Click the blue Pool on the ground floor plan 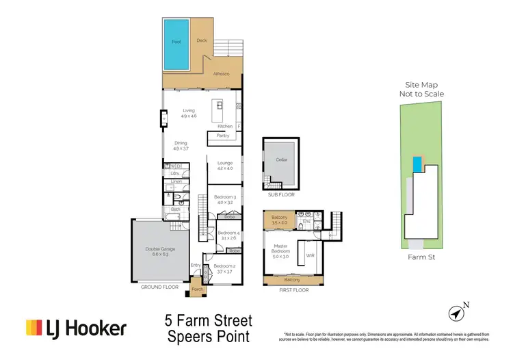(x=176, y=43)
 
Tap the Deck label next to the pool (x=202, y=40)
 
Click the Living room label (x=189, y=110)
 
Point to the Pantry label (x=223, y=135)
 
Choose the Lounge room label (x=225, y=163)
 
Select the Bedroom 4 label (x=226, y=233)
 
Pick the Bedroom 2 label (x=225, y=266)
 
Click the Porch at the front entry (x=198, y=289)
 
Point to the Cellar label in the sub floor (x=281, y=159)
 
